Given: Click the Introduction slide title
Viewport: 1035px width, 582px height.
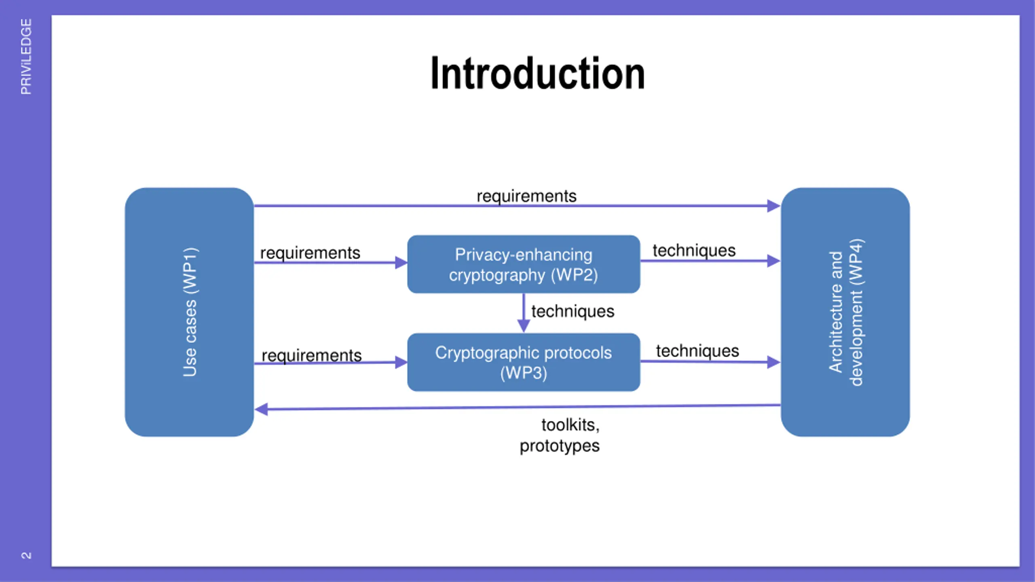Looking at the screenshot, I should coord(538,74).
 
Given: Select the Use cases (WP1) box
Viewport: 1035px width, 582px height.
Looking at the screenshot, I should coord(189,312).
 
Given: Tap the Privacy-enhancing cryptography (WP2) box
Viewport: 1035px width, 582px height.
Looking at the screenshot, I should coord(524,264).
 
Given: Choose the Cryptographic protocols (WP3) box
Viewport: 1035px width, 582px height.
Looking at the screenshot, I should coord(524,362).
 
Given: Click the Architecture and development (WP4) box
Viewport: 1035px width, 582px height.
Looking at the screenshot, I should coord(845,312).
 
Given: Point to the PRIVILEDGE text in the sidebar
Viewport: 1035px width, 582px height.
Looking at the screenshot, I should coord(26,57).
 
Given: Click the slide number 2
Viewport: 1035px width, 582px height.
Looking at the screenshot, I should coord(26,555).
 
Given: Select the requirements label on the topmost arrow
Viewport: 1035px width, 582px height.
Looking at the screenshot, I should coord(526,196).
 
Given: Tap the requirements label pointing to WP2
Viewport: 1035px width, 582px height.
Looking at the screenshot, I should coord(310,253).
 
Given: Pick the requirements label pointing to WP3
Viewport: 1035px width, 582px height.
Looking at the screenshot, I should coord(311,355).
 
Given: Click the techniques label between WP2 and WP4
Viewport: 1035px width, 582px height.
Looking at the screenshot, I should coord(694,251).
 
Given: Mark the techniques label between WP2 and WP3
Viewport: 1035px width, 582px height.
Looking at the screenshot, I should coord(572,311).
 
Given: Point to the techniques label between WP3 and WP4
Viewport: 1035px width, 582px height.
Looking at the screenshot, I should coord(697,351).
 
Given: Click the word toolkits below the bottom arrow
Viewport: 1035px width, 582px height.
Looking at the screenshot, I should coord(570,425).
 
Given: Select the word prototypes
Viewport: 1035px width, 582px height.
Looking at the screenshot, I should coord(560,446).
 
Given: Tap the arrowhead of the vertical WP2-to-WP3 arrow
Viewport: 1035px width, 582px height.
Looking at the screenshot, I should coord(524,326).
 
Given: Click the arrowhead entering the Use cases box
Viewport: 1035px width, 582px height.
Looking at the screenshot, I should coord(262,409).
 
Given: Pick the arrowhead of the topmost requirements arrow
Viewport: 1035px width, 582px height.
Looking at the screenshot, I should coord(773,206).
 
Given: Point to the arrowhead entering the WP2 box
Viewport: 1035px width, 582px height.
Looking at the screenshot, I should coord(401,263).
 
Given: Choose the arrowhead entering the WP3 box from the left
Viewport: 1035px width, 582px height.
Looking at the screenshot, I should coord(401,362).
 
